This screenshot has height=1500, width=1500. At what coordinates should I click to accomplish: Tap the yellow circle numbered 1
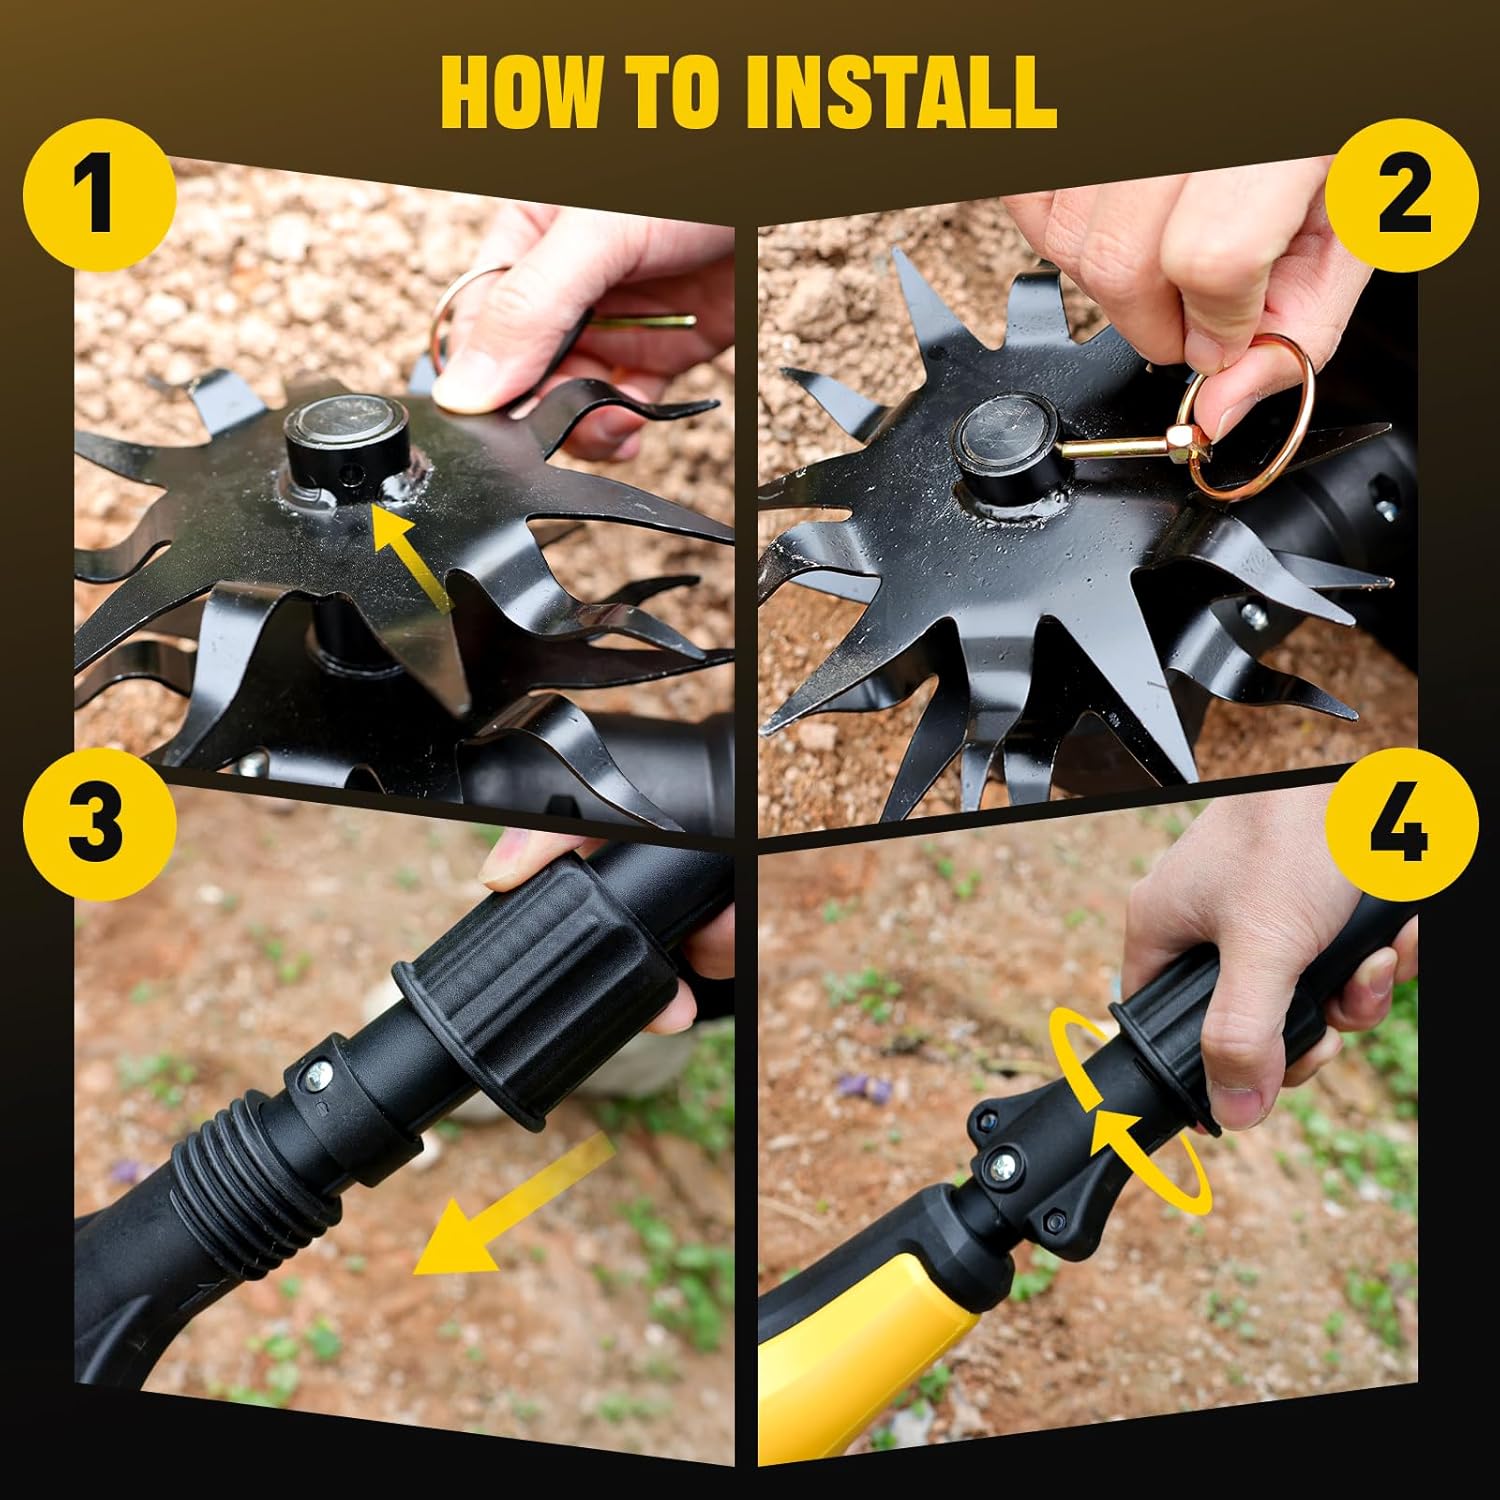97,196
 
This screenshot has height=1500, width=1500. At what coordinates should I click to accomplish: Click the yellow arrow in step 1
410,560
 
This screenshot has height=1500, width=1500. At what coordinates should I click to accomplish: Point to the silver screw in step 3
319,1074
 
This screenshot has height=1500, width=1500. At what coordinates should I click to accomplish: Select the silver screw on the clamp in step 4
1003,1164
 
